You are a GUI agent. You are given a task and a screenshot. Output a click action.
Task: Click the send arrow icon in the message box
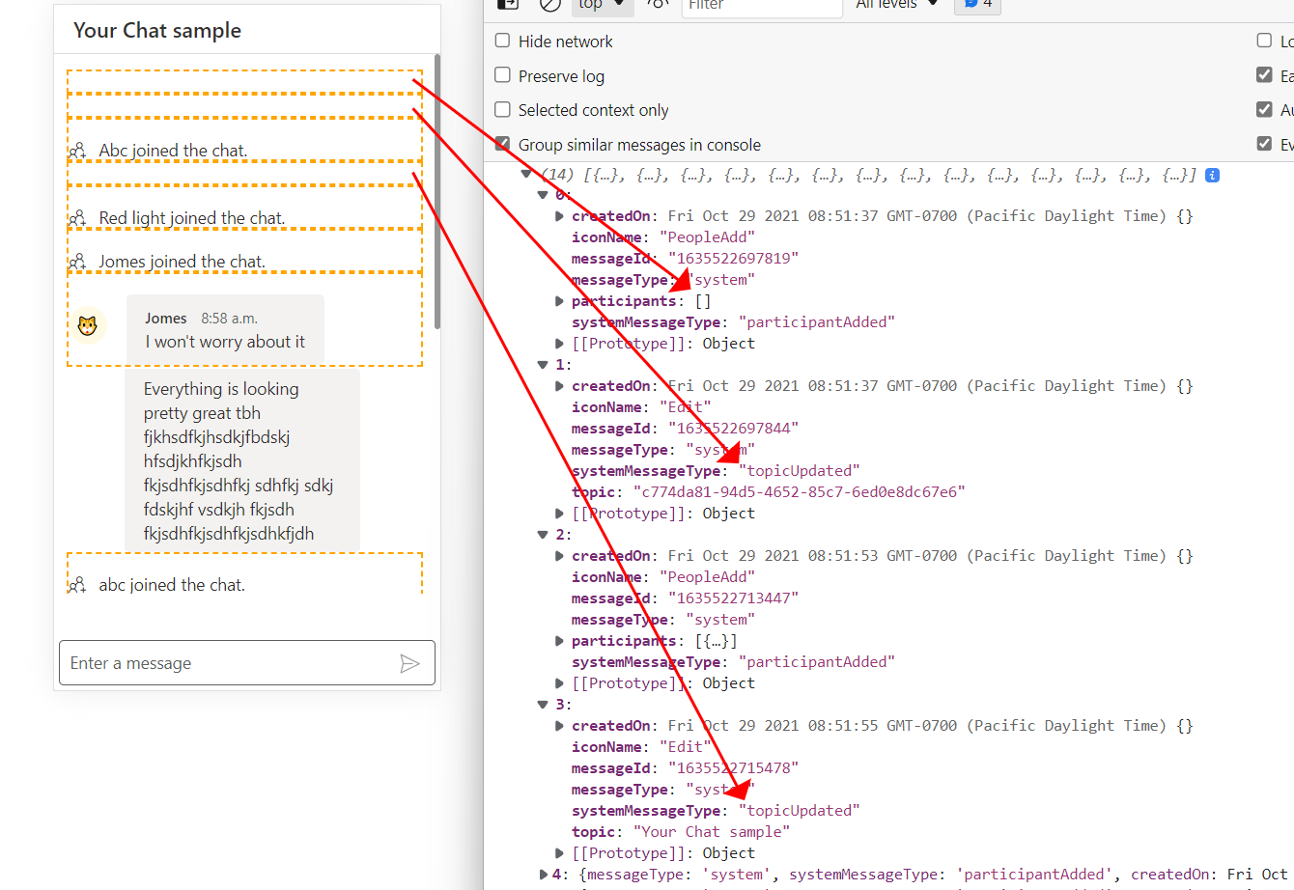click(x=409, y=663)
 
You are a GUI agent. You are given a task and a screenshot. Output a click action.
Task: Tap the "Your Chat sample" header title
click(x=157, y=31)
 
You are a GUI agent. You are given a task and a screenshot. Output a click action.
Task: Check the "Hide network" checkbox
click(x=503, y=41)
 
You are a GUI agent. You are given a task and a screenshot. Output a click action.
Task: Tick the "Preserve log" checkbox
click(x=503, y=75)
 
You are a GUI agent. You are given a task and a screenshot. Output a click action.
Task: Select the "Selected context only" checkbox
click(x=503, y=110)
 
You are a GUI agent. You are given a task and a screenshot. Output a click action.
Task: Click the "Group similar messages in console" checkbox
click(x=503, y=144)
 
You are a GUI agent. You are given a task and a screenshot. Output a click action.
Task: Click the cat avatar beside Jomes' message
click(x=88, y=326)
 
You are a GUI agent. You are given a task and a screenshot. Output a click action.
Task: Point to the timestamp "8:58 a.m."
click(x=229, y=319)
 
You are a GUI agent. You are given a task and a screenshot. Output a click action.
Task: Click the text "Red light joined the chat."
click(x=192, y=218)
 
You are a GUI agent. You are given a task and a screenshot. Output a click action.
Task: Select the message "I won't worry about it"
click(x=225, y=342)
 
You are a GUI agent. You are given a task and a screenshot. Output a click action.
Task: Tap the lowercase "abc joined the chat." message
click(x=172, y=585)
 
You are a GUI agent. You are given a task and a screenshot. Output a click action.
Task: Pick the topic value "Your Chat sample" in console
click(x=711, y=832)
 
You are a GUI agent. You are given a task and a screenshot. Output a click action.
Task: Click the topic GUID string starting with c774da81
click(x=799, y=492)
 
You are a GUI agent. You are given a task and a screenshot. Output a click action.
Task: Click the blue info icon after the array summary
click(x=1212, y=176)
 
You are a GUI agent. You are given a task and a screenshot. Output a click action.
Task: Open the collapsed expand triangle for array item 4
click(x=543, y=875)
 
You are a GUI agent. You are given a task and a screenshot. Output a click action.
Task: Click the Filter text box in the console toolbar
click(x=762, y=6)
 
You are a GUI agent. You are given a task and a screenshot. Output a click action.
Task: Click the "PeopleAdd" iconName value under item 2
click(x=706, y=577)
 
